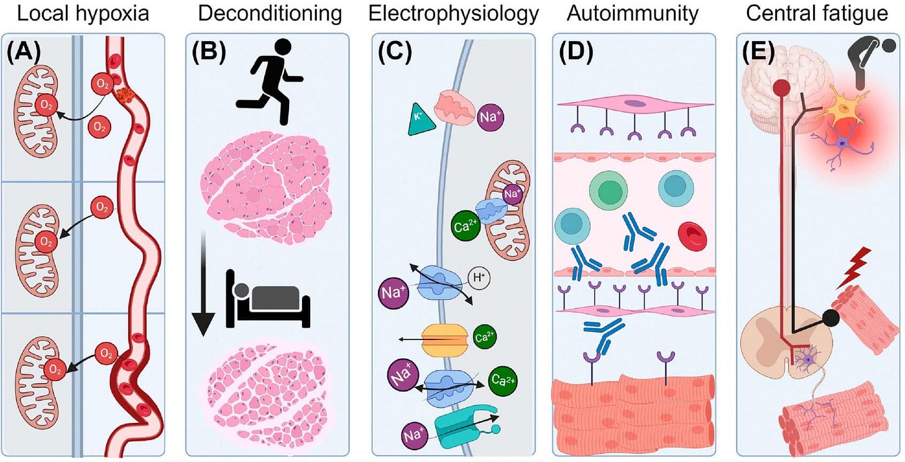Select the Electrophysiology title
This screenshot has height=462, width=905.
click(x=452, y=14)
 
